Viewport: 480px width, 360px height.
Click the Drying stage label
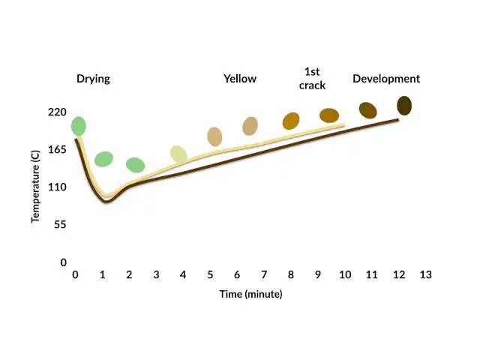[93, 79]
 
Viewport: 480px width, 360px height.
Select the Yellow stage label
[239, 79]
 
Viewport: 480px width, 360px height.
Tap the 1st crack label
[314, 78]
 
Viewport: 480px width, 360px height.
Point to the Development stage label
[386, 79]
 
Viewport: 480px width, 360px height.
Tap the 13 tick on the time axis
[425, 275]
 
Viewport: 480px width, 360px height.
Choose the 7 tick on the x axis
[264, 275]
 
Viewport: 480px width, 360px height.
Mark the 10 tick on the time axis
[344, 275]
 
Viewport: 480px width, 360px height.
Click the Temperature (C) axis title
[35, 187]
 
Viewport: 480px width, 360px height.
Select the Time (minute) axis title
[250, 295]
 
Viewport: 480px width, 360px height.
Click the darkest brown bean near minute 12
[404, 106]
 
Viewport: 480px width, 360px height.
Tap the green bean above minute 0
[79, 126]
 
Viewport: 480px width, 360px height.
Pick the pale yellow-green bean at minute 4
[178, 154]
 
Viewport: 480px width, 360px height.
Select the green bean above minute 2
[135, 165]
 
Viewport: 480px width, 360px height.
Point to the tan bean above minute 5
[214, 136]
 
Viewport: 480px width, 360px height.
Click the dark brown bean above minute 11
[367, 110]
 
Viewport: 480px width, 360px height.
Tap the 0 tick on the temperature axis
[64, 262]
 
